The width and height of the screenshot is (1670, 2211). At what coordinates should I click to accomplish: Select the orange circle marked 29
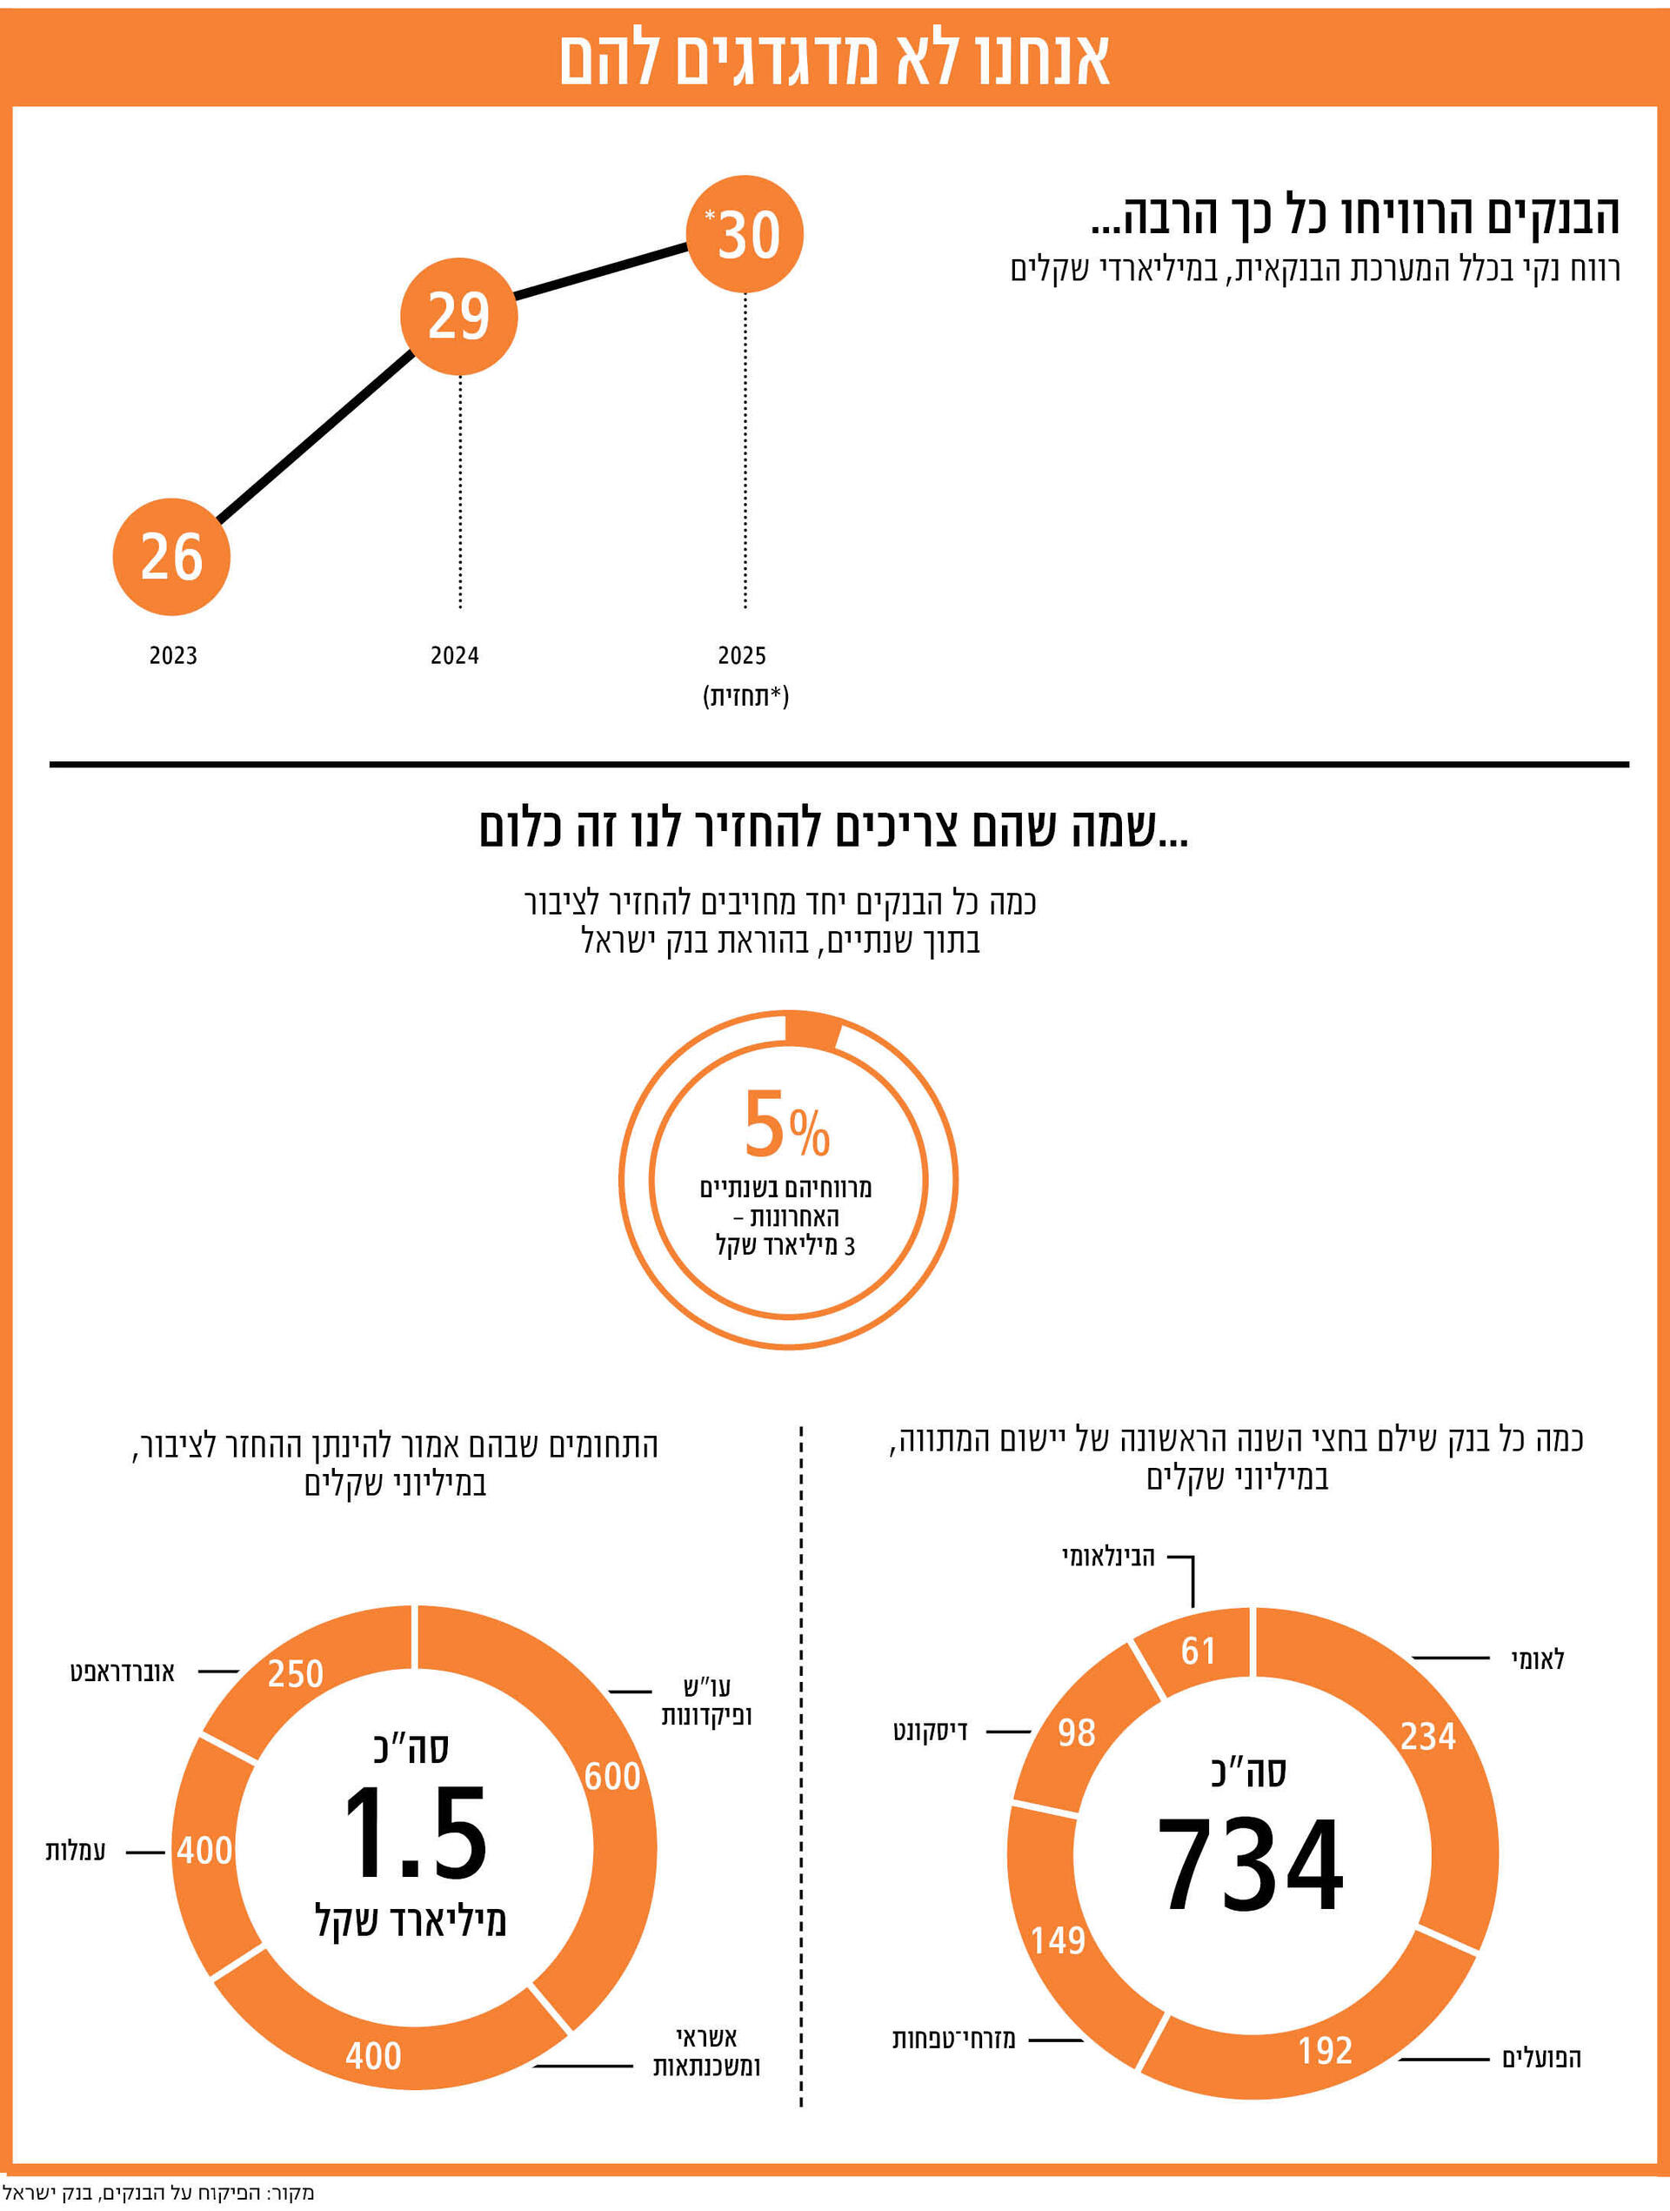pyautogui.click(x=458, y=316)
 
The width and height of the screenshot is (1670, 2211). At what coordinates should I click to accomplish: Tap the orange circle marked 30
pyautogui.click(x=745, y=235)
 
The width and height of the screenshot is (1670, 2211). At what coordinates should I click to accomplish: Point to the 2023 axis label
pyautogui.click(x=173, y=656)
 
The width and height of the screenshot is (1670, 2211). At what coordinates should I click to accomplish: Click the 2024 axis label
pyautogui.click(x=455, y=656)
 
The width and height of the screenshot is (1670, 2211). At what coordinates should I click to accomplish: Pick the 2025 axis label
pyautogui.click(x=742, y=656)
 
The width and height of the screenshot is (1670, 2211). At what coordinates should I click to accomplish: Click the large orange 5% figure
pyautogui.click(x=786, y=1125)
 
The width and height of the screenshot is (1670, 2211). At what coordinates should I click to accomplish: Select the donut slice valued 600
pyautogui.click(x=611, y=1777)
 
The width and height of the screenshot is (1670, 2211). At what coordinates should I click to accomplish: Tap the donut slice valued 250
pyautogui.click(x=296, y=1673)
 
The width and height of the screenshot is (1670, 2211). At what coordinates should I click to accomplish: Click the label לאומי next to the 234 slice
pyautogui.click(x=1537, y=1660)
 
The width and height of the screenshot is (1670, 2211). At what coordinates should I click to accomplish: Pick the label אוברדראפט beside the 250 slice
pyautogui.click(x=122, y=1672)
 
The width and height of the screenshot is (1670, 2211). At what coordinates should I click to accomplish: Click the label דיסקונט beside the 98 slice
pyautogui.click(x=930, y=1732)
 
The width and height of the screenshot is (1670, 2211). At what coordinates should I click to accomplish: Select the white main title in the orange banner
pyautogui.click(x=833, y=60)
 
